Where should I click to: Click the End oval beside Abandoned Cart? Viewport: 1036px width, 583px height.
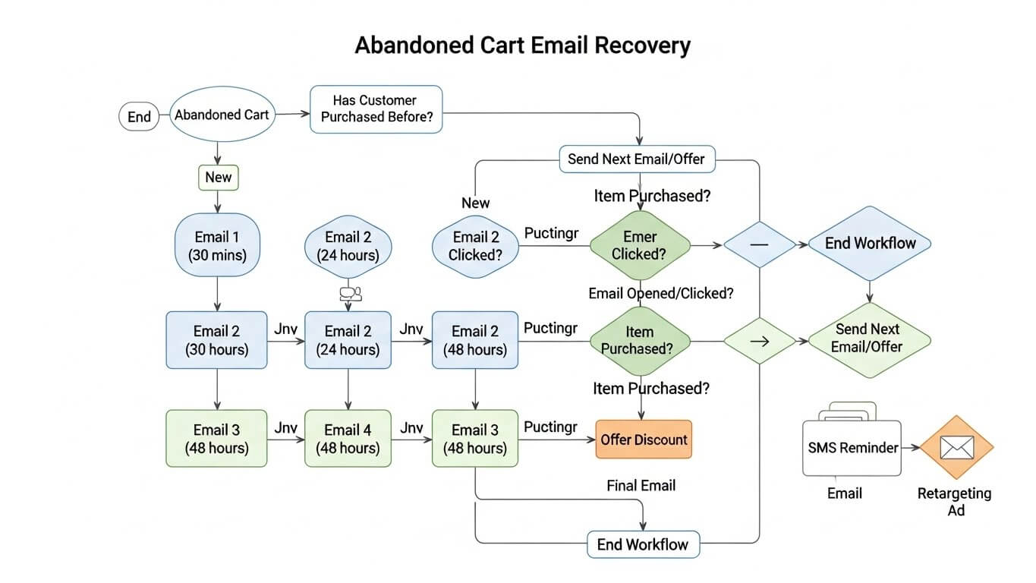pyautogui.click(x=139, y=117)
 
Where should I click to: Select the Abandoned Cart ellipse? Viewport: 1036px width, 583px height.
pyautogui.click(x=222, y=115)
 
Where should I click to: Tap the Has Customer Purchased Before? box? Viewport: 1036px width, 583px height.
pyautogui.click(x=376, y=109)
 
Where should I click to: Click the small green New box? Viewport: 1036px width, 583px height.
pyautogui.click(x=218, y=178)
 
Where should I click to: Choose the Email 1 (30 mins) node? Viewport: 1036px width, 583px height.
pyautogui.click(x=218, y=245)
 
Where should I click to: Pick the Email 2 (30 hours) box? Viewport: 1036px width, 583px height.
pyautogui.click(x=216, y=340)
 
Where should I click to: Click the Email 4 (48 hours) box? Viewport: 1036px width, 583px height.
pyautogui.click(x=348, y=438)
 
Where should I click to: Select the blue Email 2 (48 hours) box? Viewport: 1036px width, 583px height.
pyautogui.click(x=475, y=340)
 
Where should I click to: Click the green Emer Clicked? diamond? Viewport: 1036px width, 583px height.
pyautogui.click(x=639, y=245)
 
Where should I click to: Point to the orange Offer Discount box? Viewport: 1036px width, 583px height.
pyautogui.click(x=644, y=440)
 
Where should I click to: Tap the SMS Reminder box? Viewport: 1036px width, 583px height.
pyautogui.click(x=852, y=448)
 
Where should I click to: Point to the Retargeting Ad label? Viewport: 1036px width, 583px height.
pyautogui.click(x=955, y=501)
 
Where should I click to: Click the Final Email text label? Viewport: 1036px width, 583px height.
pyautogui.click(x=641, y=486)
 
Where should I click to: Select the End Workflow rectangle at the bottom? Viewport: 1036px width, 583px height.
pyautogui.click(x=643, y=544)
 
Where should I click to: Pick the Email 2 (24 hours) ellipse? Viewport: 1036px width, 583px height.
pyautogui.click(x=348, y=246)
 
